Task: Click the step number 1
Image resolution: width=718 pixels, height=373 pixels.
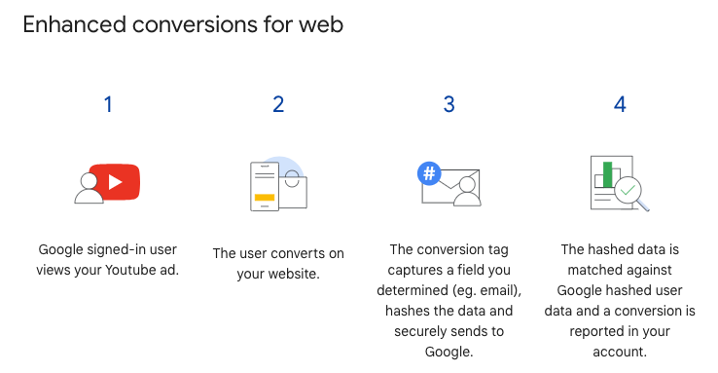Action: (108, 104)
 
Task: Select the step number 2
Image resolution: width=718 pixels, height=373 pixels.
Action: (278, 104)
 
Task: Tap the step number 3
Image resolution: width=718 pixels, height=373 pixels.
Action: (449, 104)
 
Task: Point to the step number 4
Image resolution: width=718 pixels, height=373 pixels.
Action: (620, 104)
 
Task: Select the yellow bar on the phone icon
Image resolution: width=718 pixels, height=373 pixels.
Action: (265, 197)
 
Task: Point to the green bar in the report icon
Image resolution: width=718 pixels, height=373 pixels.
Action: (608, 174)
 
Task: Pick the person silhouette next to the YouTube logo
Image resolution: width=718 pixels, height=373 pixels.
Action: (89, 189)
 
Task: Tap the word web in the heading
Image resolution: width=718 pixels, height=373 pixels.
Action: (322, 24)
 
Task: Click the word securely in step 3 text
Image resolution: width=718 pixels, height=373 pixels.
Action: (425, 331)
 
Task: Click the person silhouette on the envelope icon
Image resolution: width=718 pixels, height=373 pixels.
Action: (468, 192)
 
